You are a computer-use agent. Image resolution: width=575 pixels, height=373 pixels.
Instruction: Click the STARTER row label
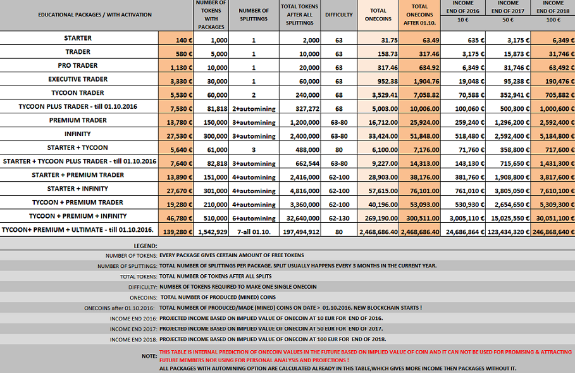78,39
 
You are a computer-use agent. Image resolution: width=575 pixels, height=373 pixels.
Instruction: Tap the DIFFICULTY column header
338,14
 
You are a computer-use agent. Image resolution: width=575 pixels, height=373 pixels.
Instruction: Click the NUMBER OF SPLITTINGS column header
253,14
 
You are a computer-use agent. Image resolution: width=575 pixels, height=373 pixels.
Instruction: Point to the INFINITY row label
78,134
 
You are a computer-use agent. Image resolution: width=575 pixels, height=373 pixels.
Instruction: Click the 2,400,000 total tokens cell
299,136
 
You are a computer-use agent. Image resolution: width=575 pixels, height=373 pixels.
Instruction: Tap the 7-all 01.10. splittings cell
253,232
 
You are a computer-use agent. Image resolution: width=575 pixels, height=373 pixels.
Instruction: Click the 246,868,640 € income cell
552,232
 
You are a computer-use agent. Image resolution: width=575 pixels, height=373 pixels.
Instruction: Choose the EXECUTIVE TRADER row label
78,79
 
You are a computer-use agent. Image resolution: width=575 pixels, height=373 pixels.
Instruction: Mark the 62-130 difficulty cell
338,218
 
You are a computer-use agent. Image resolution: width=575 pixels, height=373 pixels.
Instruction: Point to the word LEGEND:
145,245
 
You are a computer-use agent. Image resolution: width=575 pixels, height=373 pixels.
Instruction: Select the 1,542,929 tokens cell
211,232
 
